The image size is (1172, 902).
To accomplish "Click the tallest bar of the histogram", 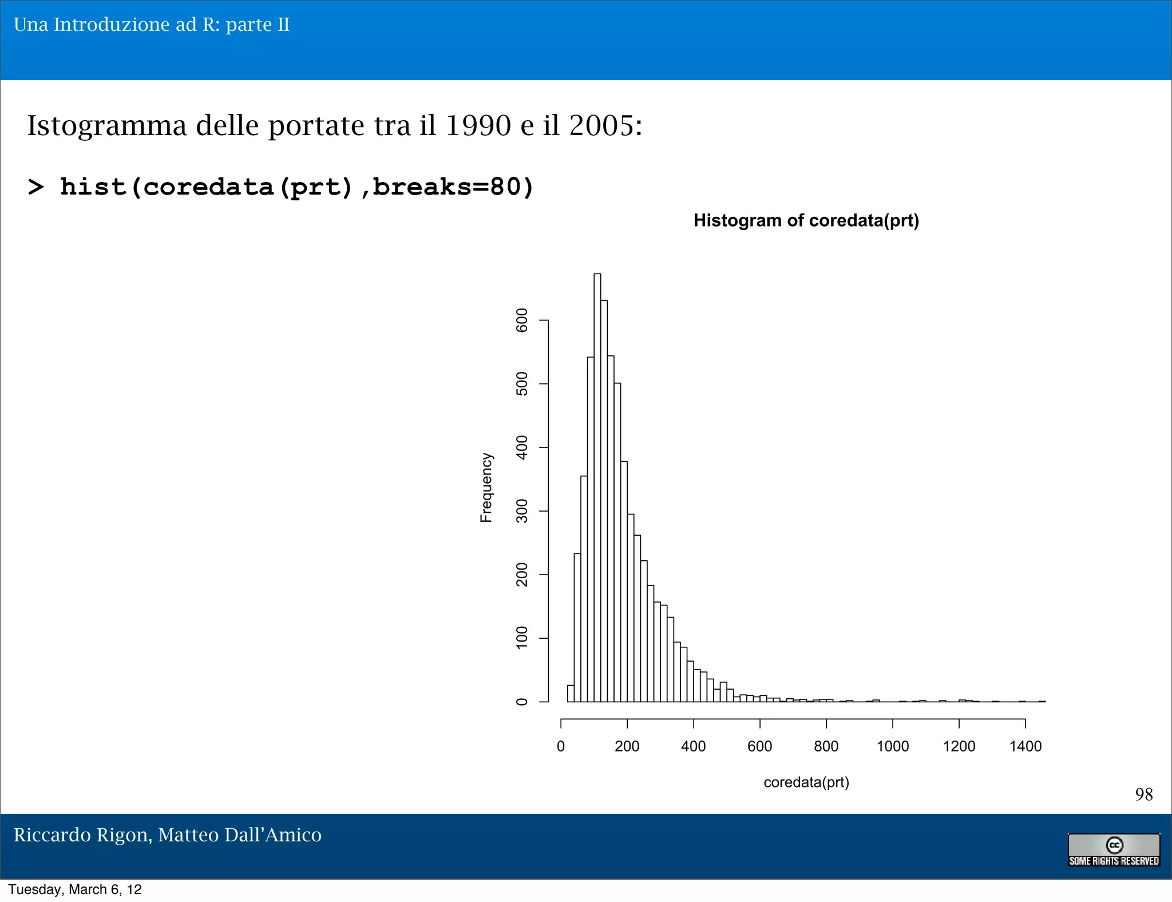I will (597, 486).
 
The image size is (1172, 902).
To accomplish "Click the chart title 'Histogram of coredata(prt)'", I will (806, 221).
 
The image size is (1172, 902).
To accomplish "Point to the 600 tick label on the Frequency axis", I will (522, 321).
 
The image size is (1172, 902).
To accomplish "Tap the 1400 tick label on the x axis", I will (1025, 746).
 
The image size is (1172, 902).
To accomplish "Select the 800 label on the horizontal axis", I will (826, 746).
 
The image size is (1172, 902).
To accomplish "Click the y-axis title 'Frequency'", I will (486, 488).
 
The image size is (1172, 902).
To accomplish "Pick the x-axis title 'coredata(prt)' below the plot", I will (806, 782).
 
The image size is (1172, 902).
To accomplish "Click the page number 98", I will (1143, 794).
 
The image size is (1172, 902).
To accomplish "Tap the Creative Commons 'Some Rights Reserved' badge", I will (1114, 850).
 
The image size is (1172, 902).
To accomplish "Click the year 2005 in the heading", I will (602, 125).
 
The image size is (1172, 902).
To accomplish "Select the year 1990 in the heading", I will (478, 125).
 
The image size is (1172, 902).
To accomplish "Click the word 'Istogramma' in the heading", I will (107, 126).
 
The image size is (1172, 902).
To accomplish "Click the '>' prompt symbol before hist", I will (35, 187).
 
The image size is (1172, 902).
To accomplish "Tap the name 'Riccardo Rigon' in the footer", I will (82, 835).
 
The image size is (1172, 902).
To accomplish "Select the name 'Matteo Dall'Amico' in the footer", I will (240, 835).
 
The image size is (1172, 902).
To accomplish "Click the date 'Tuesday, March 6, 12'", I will (75, 889).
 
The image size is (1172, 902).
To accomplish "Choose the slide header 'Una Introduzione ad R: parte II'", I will (152, 25).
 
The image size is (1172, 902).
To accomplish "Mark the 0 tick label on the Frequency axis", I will (522, 702).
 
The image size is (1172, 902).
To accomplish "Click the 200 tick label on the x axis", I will (627, 746).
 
